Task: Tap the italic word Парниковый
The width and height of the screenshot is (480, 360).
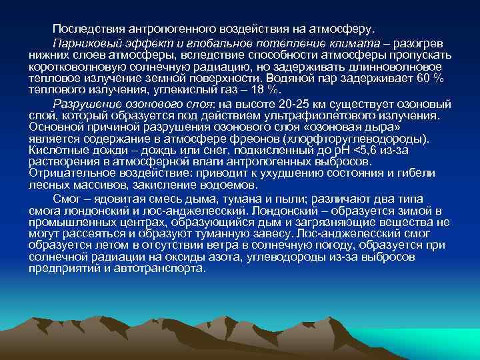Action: click(84, 43)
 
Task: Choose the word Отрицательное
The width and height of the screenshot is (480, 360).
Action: click(66, 173)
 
